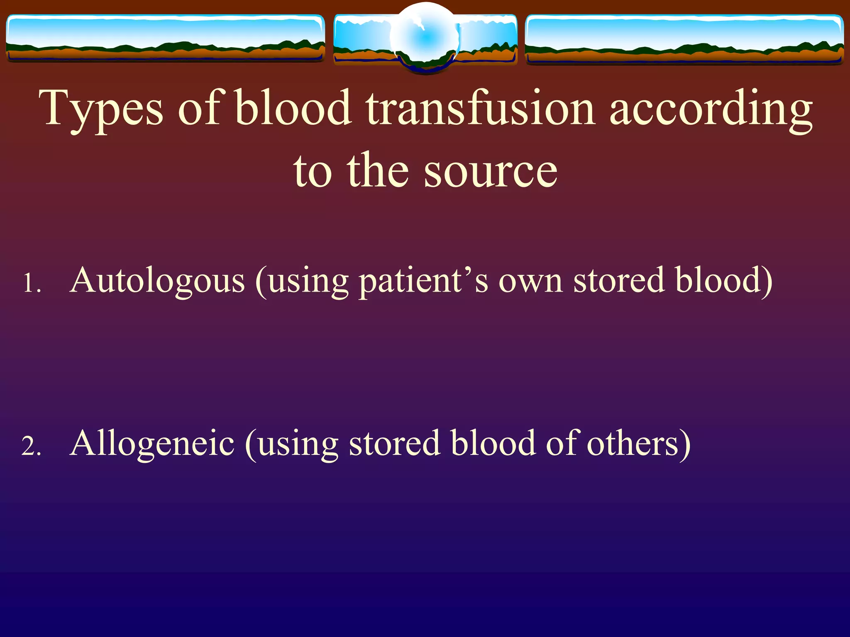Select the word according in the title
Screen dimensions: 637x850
[x=711, y=109]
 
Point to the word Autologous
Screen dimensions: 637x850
[x=158, y=281]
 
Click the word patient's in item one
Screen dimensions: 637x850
[x=423, y=281]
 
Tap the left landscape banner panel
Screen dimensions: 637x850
[x=165, y=38]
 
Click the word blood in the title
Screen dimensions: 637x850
[x=293, y=109]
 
